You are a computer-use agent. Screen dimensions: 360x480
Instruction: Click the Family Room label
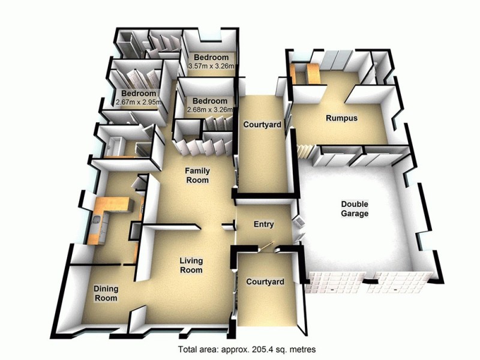pyautogui.click(x=197, y=175)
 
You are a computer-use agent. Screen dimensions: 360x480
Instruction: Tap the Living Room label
pyautogui.click(x=192, y=265)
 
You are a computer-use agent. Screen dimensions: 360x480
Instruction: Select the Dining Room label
pyautogui.click(x=105, y=293)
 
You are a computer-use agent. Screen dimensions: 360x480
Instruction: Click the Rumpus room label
pyautogui.click(x=341, y=118)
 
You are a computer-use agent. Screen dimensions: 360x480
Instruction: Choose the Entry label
pyautogui.click(x=263, y=225)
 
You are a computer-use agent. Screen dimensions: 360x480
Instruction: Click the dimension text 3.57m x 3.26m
pyautogui.click(x=211, y=67)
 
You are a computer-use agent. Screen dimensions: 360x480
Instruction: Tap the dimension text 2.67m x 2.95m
pyautogui.click(x=139, y=103)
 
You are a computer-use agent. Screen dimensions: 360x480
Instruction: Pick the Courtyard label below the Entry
pyautogui.click(x=264, y=281)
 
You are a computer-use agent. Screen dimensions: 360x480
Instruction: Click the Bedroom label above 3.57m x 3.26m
pyautogui.click(x=211, y=58)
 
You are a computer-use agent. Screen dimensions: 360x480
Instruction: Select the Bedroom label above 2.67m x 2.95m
pyautogui.click(x=139, y=94)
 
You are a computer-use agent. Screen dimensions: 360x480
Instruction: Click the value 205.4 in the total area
pyautogui.click(x=272, y=349)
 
